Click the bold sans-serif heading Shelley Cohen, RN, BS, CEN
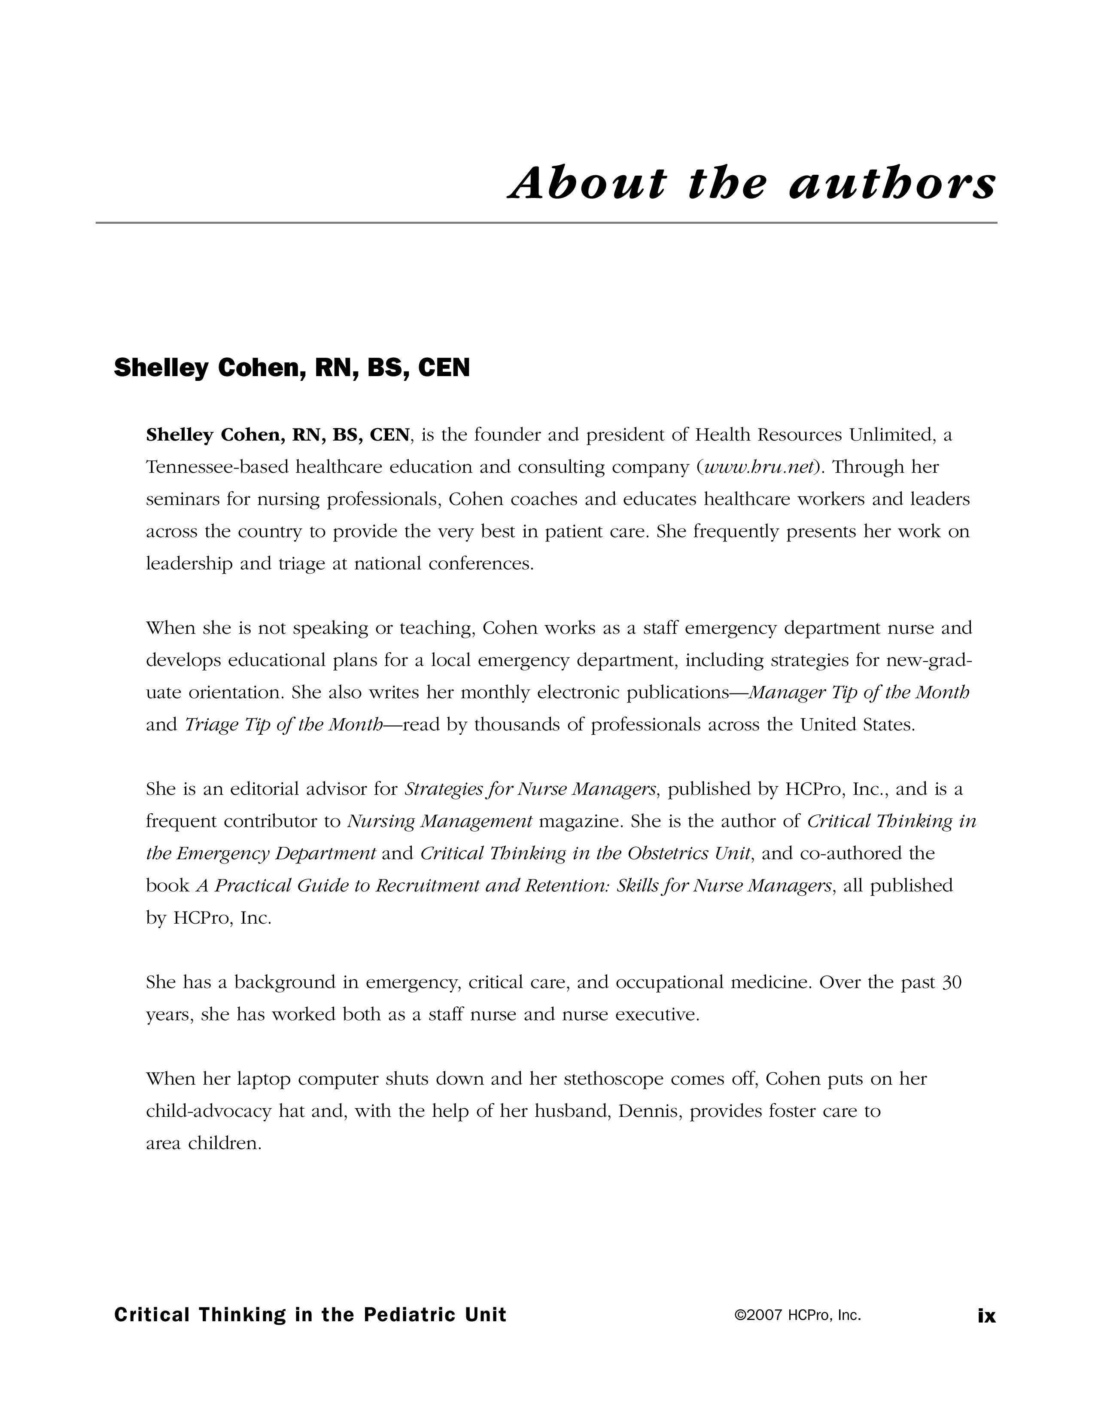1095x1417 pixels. tap(292, 368)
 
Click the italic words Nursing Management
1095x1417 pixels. tap(440, 821)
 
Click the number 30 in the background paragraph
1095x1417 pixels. tap(951, 982)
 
